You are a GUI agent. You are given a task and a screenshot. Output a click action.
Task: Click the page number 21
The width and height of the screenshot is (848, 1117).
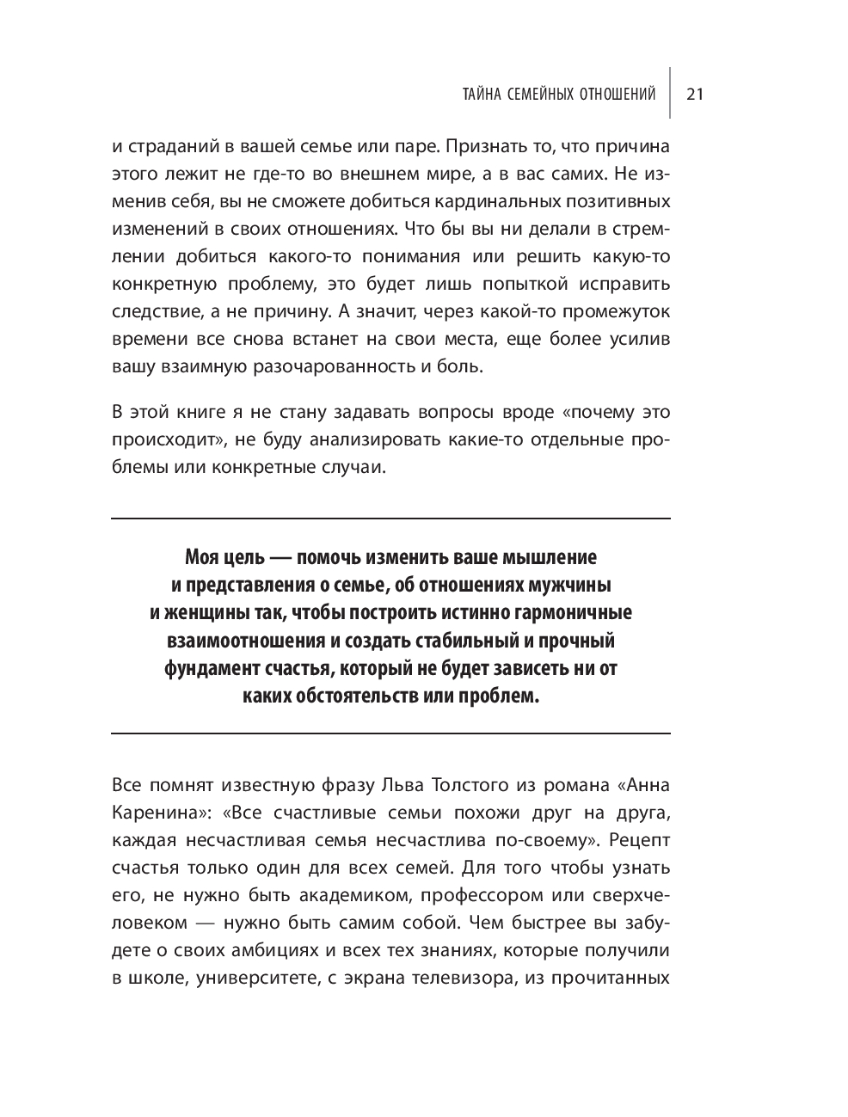click(x=695, y=95)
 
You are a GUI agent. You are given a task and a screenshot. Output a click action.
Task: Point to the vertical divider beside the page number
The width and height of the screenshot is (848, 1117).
click(x=671, y=93)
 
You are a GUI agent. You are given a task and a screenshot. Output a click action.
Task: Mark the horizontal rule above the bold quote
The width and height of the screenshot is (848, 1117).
click(x=390, y=519)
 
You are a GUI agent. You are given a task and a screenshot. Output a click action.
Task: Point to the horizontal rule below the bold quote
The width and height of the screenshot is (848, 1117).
click(x=390, y=733)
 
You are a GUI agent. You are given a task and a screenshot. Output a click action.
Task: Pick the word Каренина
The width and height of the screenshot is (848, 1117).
click(x=149, y=813)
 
